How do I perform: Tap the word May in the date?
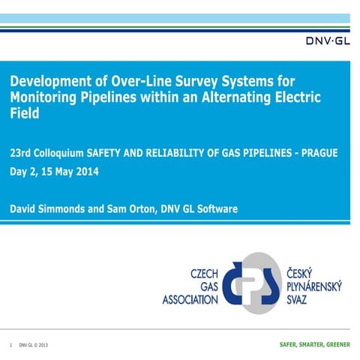66,170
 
